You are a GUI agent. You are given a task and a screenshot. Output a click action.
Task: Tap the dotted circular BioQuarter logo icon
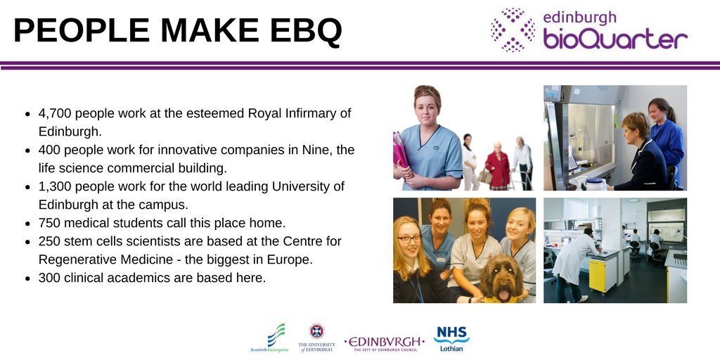point(513,30)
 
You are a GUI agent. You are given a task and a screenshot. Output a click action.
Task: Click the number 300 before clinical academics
point(50,278)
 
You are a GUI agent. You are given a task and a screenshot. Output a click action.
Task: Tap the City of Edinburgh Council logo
point(385,342)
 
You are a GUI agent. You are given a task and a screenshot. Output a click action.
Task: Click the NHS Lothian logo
point(451,338)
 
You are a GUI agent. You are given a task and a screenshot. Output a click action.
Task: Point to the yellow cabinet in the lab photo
point(598,275)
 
